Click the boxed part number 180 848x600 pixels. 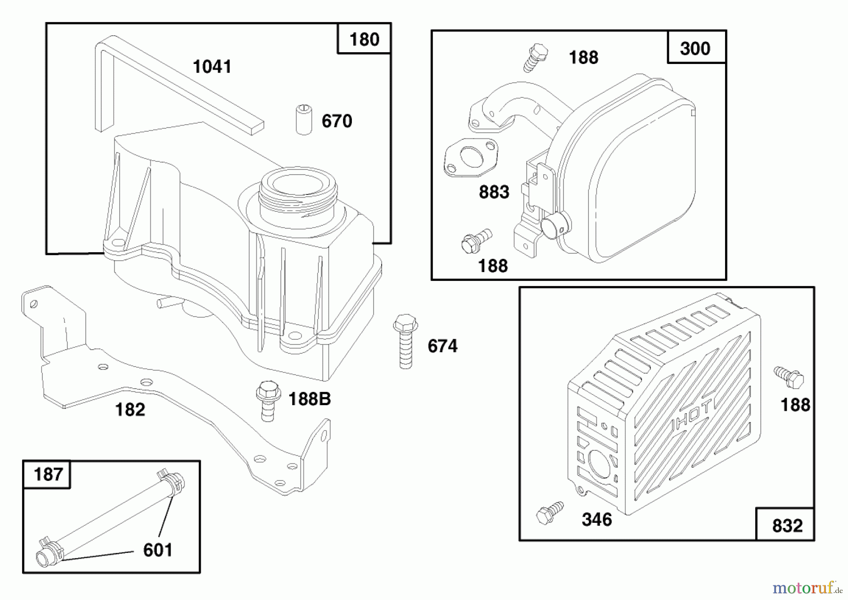[364, 40]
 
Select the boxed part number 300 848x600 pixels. [695, 48]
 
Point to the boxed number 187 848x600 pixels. [48, 474]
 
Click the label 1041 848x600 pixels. [212, 67]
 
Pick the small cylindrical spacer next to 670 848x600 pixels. [304, 120]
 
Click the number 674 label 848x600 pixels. [442, 346]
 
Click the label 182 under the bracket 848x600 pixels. [130, 409]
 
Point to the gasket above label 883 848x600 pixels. [471, 158]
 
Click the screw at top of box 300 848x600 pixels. [536, 57]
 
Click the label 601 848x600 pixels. [158, 550]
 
